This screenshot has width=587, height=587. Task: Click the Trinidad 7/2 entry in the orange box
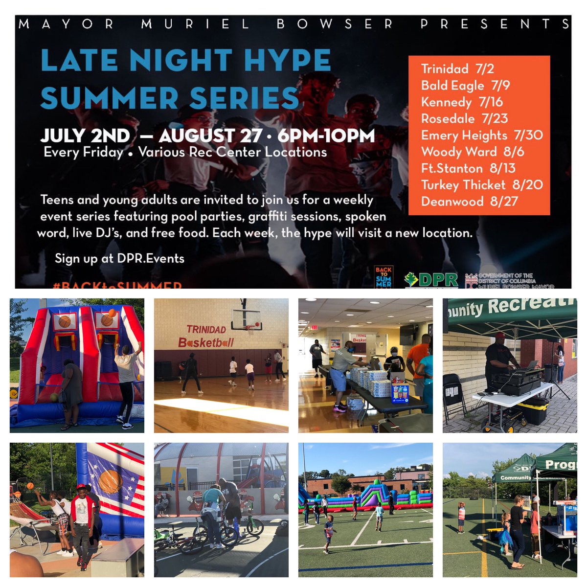click(x=457, y=69)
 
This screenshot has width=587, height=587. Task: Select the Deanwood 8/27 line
click(x=469, y=202)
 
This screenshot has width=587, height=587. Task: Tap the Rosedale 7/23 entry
click(x=464, y=119)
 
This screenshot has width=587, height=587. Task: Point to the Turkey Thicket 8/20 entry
click(x=482, y=185)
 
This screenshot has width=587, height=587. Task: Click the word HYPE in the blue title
click(x=287, y=61)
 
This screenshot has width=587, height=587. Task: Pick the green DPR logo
click(x=431, y=279)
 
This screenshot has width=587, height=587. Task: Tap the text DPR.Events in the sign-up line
click(x=151, y=258)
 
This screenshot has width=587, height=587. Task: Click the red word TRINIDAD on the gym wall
click(x=206, y=330)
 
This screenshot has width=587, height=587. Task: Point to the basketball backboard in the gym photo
click(x=247, y=318)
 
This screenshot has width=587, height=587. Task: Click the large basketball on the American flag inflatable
click(x=111, y=481)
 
